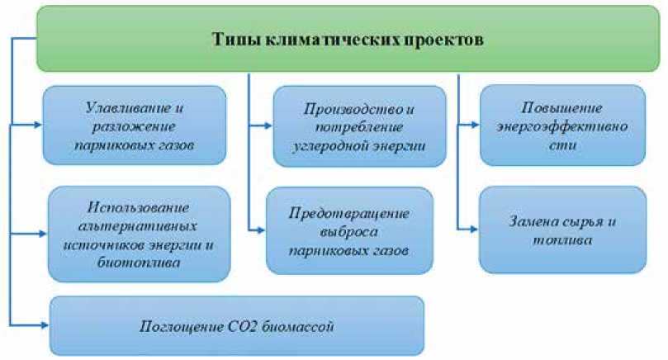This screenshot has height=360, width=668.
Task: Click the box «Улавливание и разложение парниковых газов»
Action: pos(134,124)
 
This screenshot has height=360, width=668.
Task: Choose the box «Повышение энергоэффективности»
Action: pos(561,126)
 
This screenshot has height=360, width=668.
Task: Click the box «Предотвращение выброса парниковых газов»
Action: pos(349,230)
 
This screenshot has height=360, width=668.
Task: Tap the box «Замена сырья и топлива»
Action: pos(561,229)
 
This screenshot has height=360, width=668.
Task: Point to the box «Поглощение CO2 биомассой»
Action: pos(237,326)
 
